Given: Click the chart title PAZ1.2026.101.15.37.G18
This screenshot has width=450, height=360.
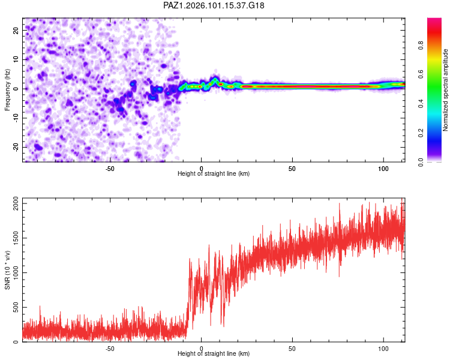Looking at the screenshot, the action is coord(214,5).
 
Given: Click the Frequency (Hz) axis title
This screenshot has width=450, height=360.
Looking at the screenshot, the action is coord(7,90).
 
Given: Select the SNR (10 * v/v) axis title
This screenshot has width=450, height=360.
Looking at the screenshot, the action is coord(7,270).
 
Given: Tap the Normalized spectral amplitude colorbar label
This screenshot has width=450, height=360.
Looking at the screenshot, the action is coord(445,90).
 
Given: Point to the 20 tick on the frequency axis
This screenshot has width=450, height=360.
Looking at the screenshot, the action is coord(16,30).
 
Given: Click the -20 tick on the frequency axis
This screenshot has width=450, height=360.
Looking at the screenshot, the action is coord(16,148).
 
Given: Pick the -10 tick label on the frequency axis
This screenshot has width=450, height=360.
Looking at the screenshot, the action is coord(16,118).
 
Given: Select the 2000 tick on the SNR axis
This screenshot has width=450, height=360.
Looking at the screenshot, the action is coord(16,203).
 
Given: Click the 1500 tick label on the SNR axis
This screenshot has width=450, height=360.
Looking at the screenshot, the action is coord(16,238).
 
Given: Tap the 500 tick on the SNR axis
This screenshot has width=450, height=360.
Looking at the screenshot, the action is coord(16,307).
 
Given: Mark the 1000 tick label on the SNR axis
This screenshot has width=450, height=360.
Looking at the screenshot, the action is coord(16,273).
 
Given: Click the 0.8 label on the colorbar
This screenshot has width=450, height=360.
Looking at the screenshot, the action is coord(421,46).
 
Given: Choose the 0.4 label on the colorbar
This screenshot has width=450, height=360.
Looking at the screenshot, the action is coord(421,104).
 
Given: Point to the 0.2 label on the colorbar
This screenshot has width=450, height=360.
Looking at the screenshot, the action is coord(421,133).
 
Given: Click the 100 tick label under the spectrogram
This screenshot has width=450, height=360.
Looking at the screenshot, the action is coord(383,169).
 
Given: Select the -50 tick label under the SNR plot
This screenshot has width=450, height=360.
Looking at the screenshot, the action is coord(110,349).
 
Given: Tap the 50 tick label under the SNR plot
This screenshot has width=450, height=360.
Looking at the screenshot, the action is coord(292,349).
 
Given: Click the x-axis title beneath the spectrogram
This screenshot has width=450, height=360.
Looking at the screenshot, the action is coord(214,173).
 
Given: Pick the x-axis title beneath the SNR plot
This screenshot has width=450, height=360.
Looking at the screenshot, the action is coord(214,353).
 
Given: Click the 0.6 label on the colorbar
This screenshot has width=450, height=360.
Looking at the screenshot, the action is coord(421,74).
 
